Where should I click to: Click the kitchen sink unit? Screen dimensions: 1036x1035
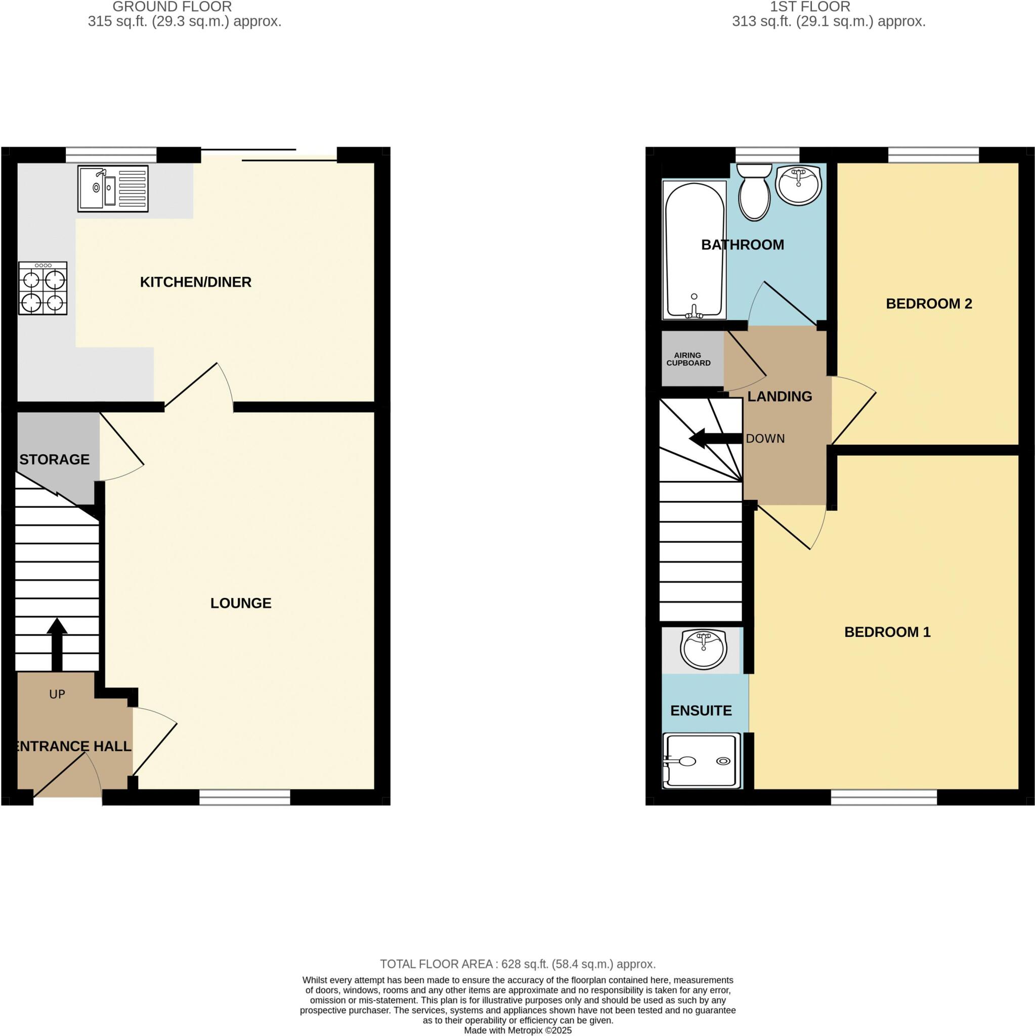pos(113,188)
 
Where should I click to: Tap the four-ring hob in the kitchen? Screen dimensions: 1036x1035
pos(43,288)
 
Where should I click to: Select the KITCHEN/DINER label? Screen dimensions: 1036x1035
pos(195,282)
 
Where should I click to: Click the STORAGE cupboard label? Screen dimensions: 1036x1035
pos(54,459)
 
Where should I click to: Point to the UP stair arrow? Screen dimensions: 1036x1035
pos(57,644)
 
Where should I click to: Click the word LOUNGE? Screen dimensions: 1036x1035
pos(241,603)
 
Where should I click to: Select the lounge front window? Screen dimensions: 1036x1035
pos(244,797)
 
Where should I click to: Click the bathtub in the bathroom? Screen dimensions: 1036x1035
pos(694,250)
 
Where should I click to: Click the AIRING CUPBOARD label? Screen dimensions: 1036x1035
pos(688,359)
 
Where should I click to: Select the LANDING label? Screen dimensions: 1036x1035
pos(779,396)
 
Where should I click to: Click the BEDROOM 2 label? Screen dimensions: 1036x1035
pos(928,304)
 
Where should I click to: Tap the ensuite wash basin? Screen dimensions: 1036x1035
pos(703,649)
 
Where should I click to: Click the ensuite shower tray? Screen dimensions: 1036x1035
pos(702,761)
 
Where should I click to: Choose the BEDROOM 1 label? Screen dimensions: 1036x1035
pos(887,632)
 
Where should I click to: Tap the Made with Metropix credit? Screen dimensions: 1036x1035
pos(517,1030)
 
